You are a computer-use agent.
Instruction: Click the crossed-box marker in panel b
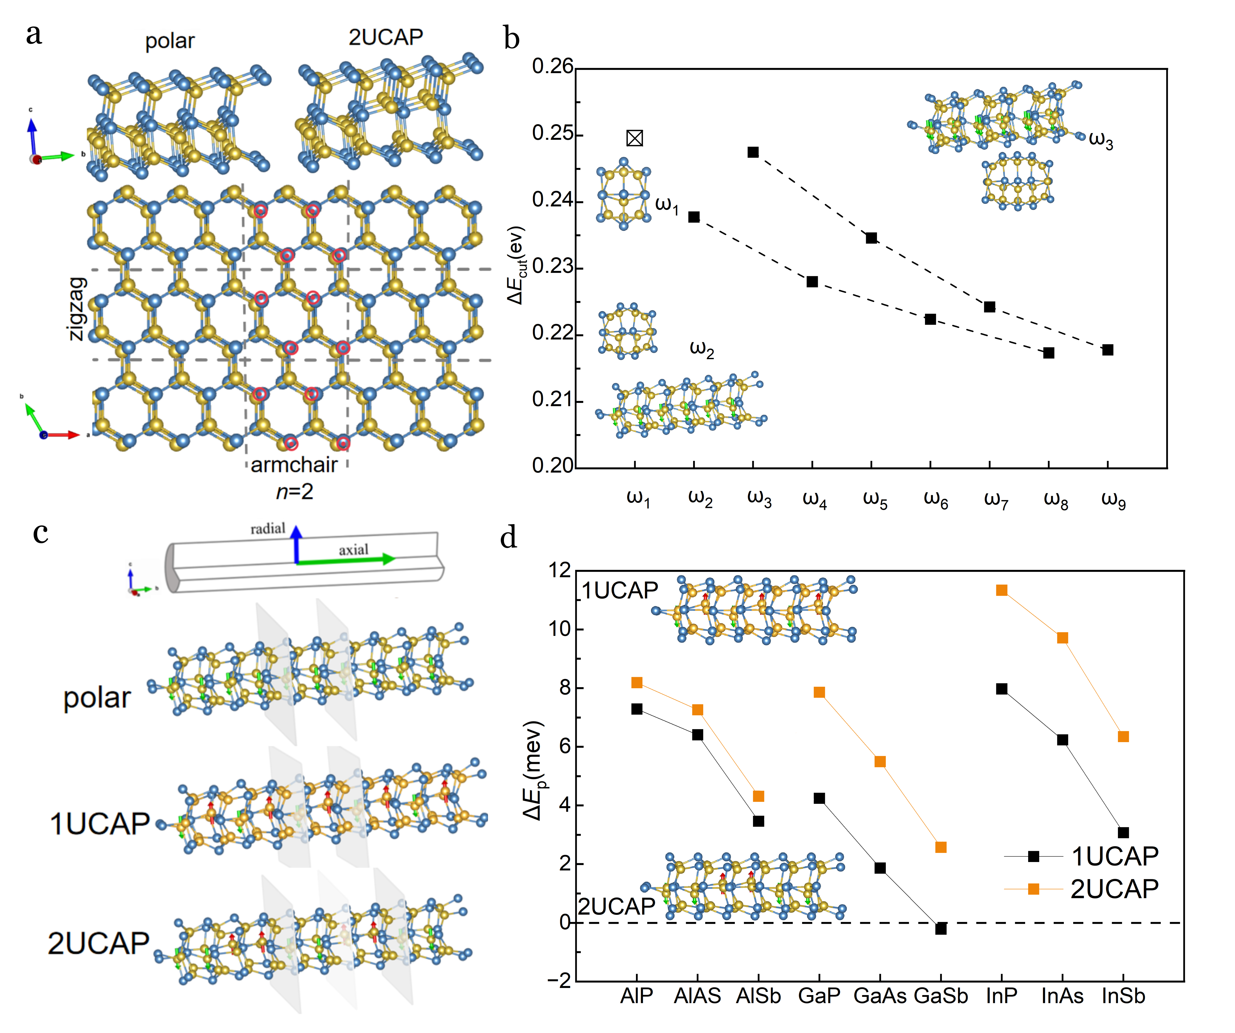click(634, 138)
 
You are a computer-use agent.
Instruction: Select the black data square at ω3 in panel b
click(753, 152)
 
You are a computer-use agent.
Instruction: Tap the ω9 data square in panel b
click(1107, 350)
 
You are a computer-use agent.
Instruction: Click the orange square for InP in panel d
click(1002, 590)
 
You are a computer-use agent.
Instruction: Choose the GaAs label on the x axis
click(880, 996)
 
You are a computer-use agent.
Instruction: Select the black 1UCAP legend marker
click(1033, 856)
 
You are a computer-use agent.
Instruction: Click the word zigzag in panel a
click(78, 309)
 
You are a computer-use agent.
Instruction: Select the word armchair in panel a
click(294, 465)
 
